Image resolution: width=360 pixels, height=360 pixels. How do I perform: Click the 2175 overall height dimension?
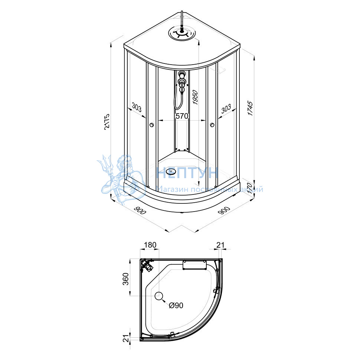[107, 122]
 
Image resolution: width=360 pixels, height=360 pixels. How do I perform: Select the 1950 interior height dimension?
[195, 97]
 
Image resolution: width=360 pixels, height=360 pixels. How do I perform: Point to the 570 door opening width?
[182, 116]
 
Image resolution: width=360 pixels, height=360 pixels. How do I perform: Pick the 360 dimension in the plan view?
[126, 279]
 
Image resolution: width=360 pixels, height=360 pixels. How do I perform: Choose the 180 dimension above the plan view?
[150, 245]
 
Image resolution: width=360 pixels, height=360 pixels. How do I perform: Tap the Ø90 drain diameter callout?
[176, 305]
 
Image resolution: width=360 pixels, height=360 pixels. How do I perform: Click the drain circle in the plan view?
[158, 296]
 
